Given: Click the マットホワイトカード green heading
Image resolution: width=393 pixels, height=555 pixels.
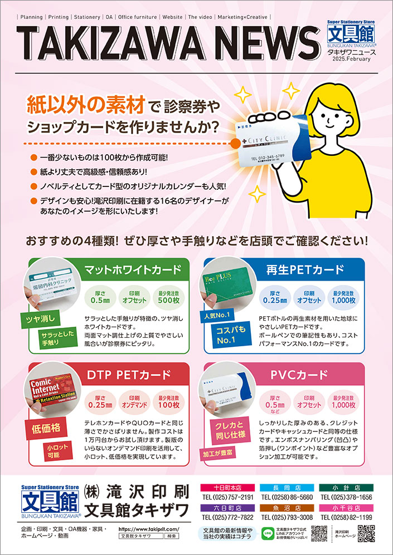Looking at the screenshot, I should click(x=132, y=271).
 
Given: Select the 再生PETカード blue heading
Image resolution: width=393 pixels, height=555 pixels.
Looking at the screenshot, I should click(x=305, y=271).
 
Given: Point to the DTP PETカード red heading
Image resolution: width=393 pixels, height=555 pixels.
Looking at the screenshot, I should click(x=129, y=375).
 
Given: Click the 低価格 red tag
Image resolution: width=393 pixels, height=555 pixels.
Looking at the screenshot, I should click(x=42, y=429).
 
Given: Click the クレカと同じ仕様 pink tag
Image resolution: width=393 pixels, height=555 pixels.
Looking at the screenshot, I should click(x=226, y=428).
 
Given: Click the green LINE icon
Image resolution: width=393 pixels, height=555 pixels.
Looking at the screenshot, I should click(x=266, y=533).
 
